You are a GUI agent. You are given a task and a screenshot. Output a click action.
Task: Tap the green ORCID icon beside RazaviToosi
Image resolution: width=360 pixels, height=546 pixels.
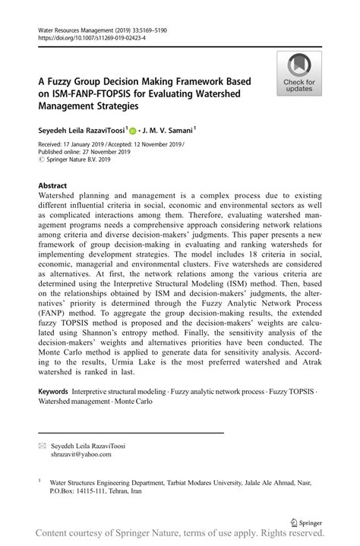[x=132, y=130]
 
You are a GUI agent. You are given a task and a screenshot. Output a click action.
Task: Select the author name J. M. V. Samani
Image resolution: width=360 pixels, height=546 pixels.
[x=170, y=130]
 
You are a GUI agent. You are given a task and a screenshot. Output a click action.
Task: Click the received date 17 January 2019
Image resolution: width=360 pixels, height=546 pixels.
[x=79, y=144]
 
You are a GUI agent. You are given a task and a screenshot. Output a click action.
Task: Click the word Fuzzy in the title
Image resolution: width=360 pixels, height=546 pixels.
[x=65, y=81]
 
